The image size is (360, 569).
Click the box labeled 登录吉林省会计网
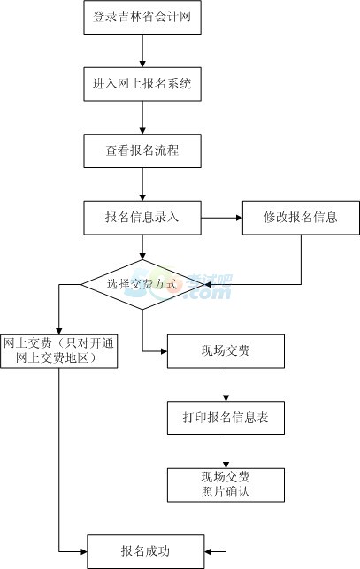pyautogui.click(x=142, y=17)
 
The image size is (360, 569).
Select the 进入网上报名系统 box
pyautogui.click(x=142, y=84)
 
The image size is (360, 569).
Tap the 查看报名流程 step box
pyautogui.click(x=142, y=150)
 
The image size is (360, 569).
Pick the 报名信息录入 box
pyautogui.click(x=142, y=218)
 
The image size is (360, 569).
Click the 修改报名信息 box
pyautogui.click(x=301, y=218)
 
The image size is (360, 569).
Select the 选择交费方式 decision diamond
pyautogui.click(x=142, y=285)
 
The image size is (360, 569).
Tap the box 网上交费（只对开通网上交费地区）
pyautogui.click(x=58, y=351)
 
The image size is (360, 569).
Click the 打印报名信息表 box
pyautogui.click(x=226, y=418)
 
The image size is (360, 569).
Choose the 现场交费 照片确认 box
pyautogui.click(x=226, y=484)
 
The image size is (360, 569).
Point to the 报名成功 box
pyautogui.click(x=146, y=551)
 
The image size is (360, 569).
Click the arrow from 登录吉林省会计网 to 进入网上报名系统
pyautogui.click(x=142, y=50)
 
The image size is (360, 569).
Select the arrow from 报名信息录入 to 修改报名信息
pyautogui.click(x=221, y=218)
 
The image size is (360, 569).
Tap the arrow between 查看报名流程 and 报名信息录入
pyautogui.click(x=142, y=184)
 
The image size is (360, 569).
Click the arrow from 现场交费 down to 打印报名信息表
pyautogui.click(x=226, y=385)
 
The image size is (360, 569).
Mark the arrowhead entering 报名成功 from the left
pyautogui.click(x=84, y=552)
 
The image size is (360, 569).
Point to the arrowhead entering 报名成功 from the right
pyautogui.click(x=208, y=552)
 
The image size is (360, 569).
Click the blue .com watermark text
pyautogui.click(x=208, y=293)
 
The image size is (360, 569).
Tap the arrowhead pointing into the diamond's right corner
pyautogui.click(x=208, y=285)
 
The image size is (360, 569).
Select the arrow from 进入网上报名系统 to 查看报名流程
pyautogui.click(x=142, y=118)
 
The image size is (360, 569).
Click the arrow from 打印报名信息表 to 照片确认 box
pyautogui.click(x=226, y=451)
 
